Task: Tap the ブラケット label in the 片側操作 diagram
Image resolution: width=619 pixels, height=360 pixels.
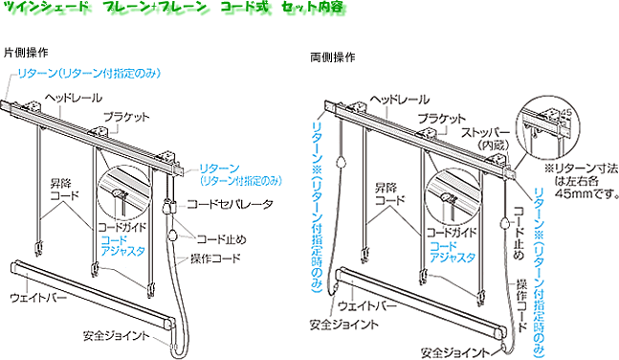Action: (x=126, y=116)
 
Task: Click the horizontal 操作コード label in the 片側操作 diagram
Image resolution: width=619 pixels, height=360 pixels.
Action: (x=229, y=259)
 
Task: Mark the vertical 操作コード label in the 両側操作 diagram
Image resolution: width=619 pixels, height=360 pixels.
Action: (x=522, y=302)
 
